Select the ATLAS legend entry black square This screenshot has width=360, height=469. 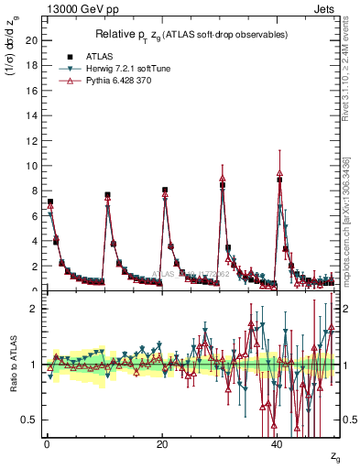click(69, 55)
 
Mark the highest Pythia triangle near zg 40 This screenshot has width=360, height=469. click(279, 171)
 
